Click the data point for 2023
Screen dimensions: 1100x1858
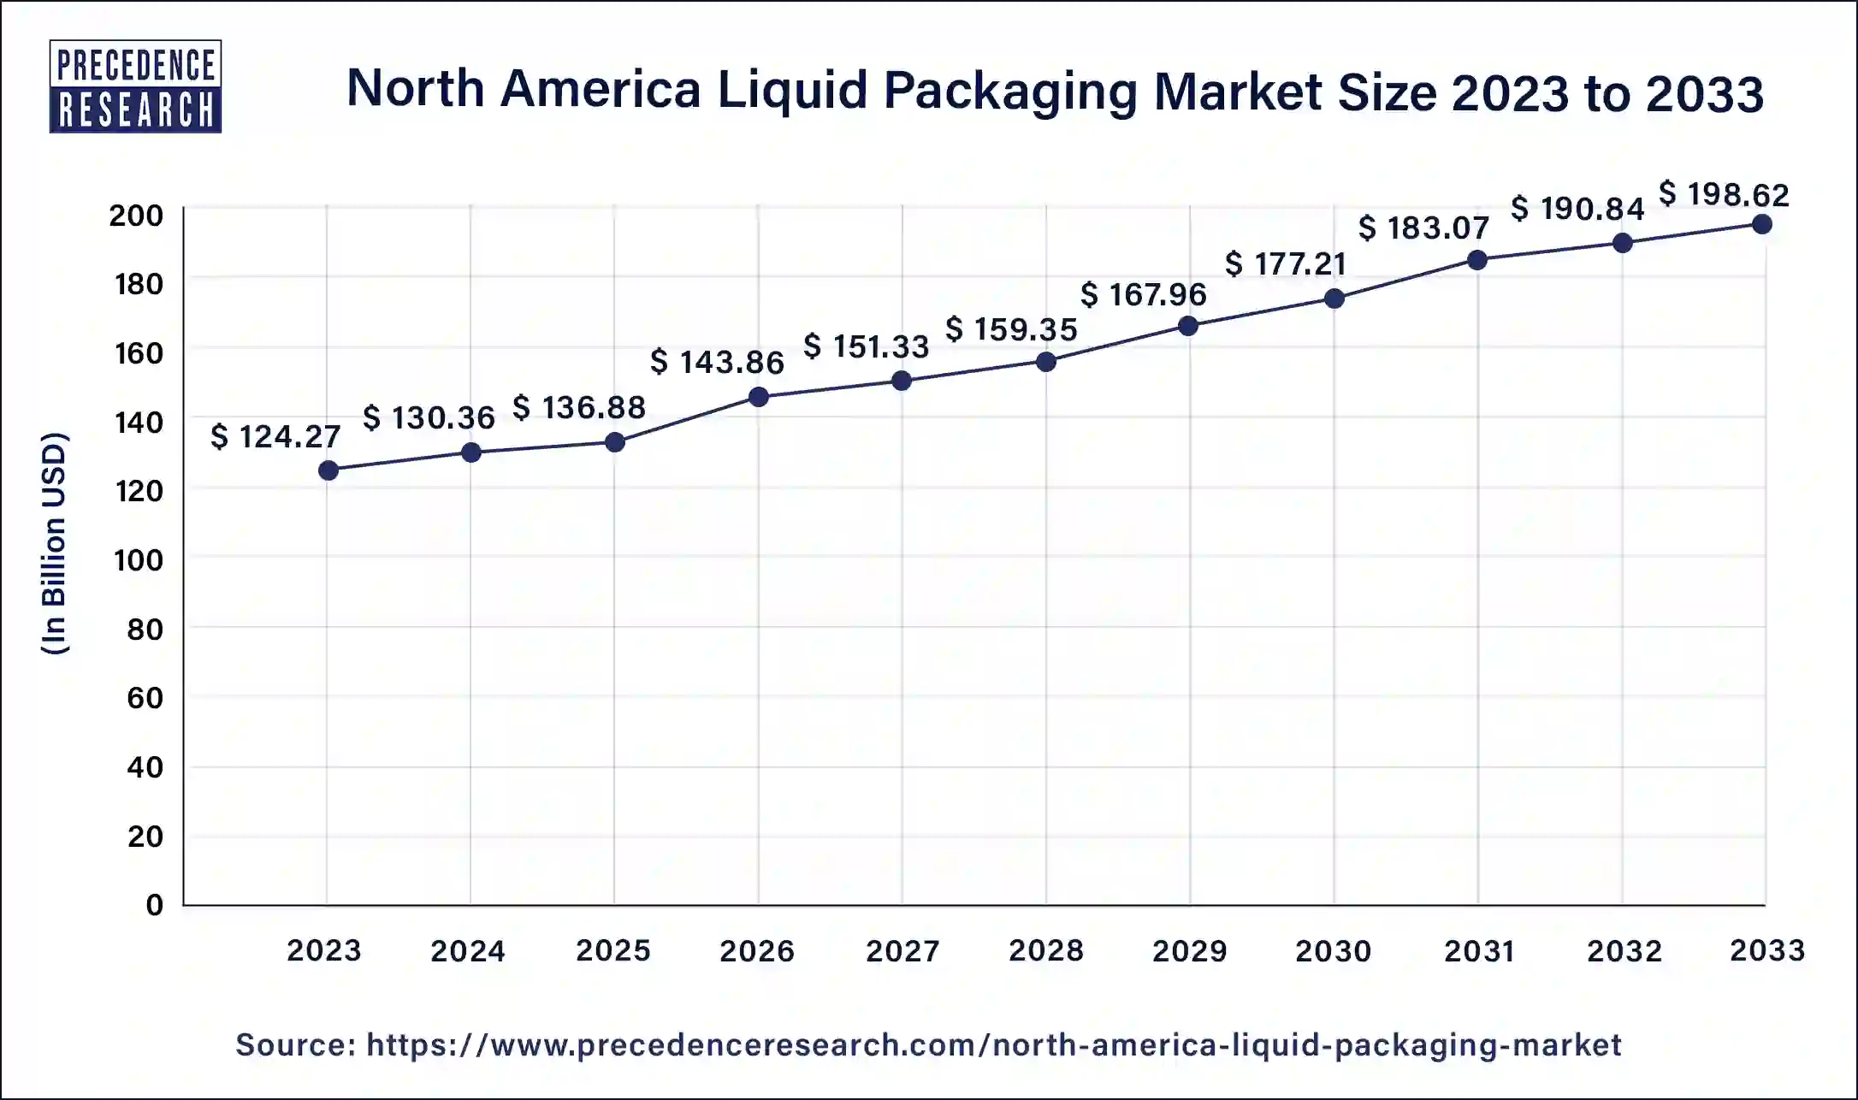pyautogui.click(x=328, y=470)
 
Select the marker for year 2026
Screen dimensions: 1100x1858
pyautogui.click(x=758, y=397)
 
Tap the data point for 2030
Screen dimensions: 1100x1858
pyautogui.click(x=1334, y=299)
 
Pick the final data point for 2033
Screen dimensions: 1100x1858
pyautogui.click(x=1762, y=225)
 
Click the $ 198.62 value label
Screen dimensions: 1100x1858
pyautogui.click(x=1724, y=195)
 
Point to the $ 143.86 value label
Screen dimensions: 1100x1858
pyautogui.click(x=717, y=362)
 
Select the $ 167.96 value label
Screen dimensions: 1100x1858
pyautogui.click(x=1143, y=295)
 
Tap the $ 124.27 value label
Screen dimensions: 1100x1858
pyautogui.click(x=275, y=437)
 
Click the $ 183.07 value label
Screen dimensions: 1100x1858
pyautogui.click(x=1423, y=228)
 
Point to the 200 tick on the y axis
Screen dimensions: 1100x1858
pyautogui.click(x=136, y=216)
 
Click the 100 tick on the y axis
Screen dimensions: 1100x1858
pyautogui.click(x=138, y=560)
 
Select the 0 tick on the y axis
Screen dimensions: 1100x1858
pyautogui.click(x=154, y=905)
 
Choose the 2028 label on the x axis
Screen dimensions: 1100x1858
pyautogui.click(x=1046, y=950)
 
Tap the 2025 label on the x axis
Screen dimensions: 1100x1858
pyautogui.click(x=613, y=950)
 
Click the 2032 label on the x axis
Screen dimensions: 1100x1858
pyautogui.click(x=1624, y=950)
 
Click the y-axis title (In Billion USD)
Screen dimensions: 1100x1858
pyautogui.click(x=54, y=543)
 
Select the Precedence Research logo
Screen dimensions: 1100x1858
pyautogui.click(x=135, y=86)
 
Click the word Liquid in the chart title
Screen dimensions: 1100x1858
pyautogui.click(x=791, y=91)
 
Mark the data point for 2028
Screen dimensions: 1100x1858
pyautogui.click(x=1045, y=362)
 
